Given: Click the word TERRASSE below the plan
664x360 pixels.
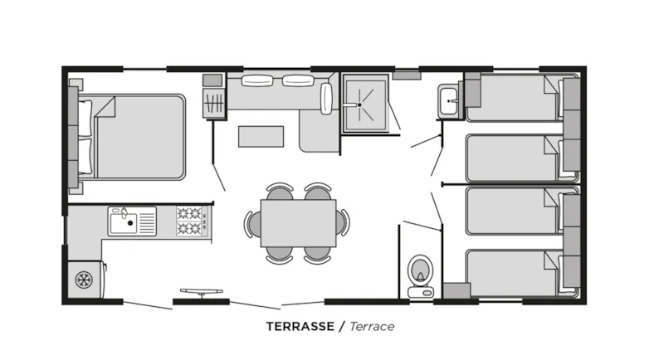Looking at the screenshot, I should click(300, 326).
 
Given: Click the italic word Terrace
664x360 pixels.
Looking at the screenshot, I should click(372, 326).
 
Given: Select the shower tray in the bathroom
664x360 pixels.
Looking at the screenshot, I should click(364, 104).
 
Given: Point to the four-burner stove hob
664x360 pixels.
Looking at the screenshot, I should click(189, 221).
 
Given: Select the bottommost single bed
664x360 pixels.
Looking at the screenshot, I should click(511, 272).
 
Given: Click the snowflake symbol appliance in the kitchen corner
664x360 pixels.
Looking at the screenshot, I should click(84, 279).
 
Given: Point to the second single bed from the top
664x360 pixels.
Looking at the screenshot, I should click(511, 158).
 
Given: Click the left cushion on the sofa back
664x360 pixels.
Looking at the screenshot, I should click(256, 80).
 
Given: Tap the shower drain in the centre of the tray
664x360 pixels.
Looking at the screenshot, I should click(359, 105).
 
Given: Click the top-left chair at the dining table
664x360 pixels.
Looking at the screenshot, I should click(279, 192).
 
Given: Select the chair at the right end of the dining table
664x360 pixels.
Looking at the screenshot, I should click(343, 221).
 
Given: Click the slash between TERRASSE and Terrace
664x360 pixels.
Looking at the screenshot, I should click(340, 326).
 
